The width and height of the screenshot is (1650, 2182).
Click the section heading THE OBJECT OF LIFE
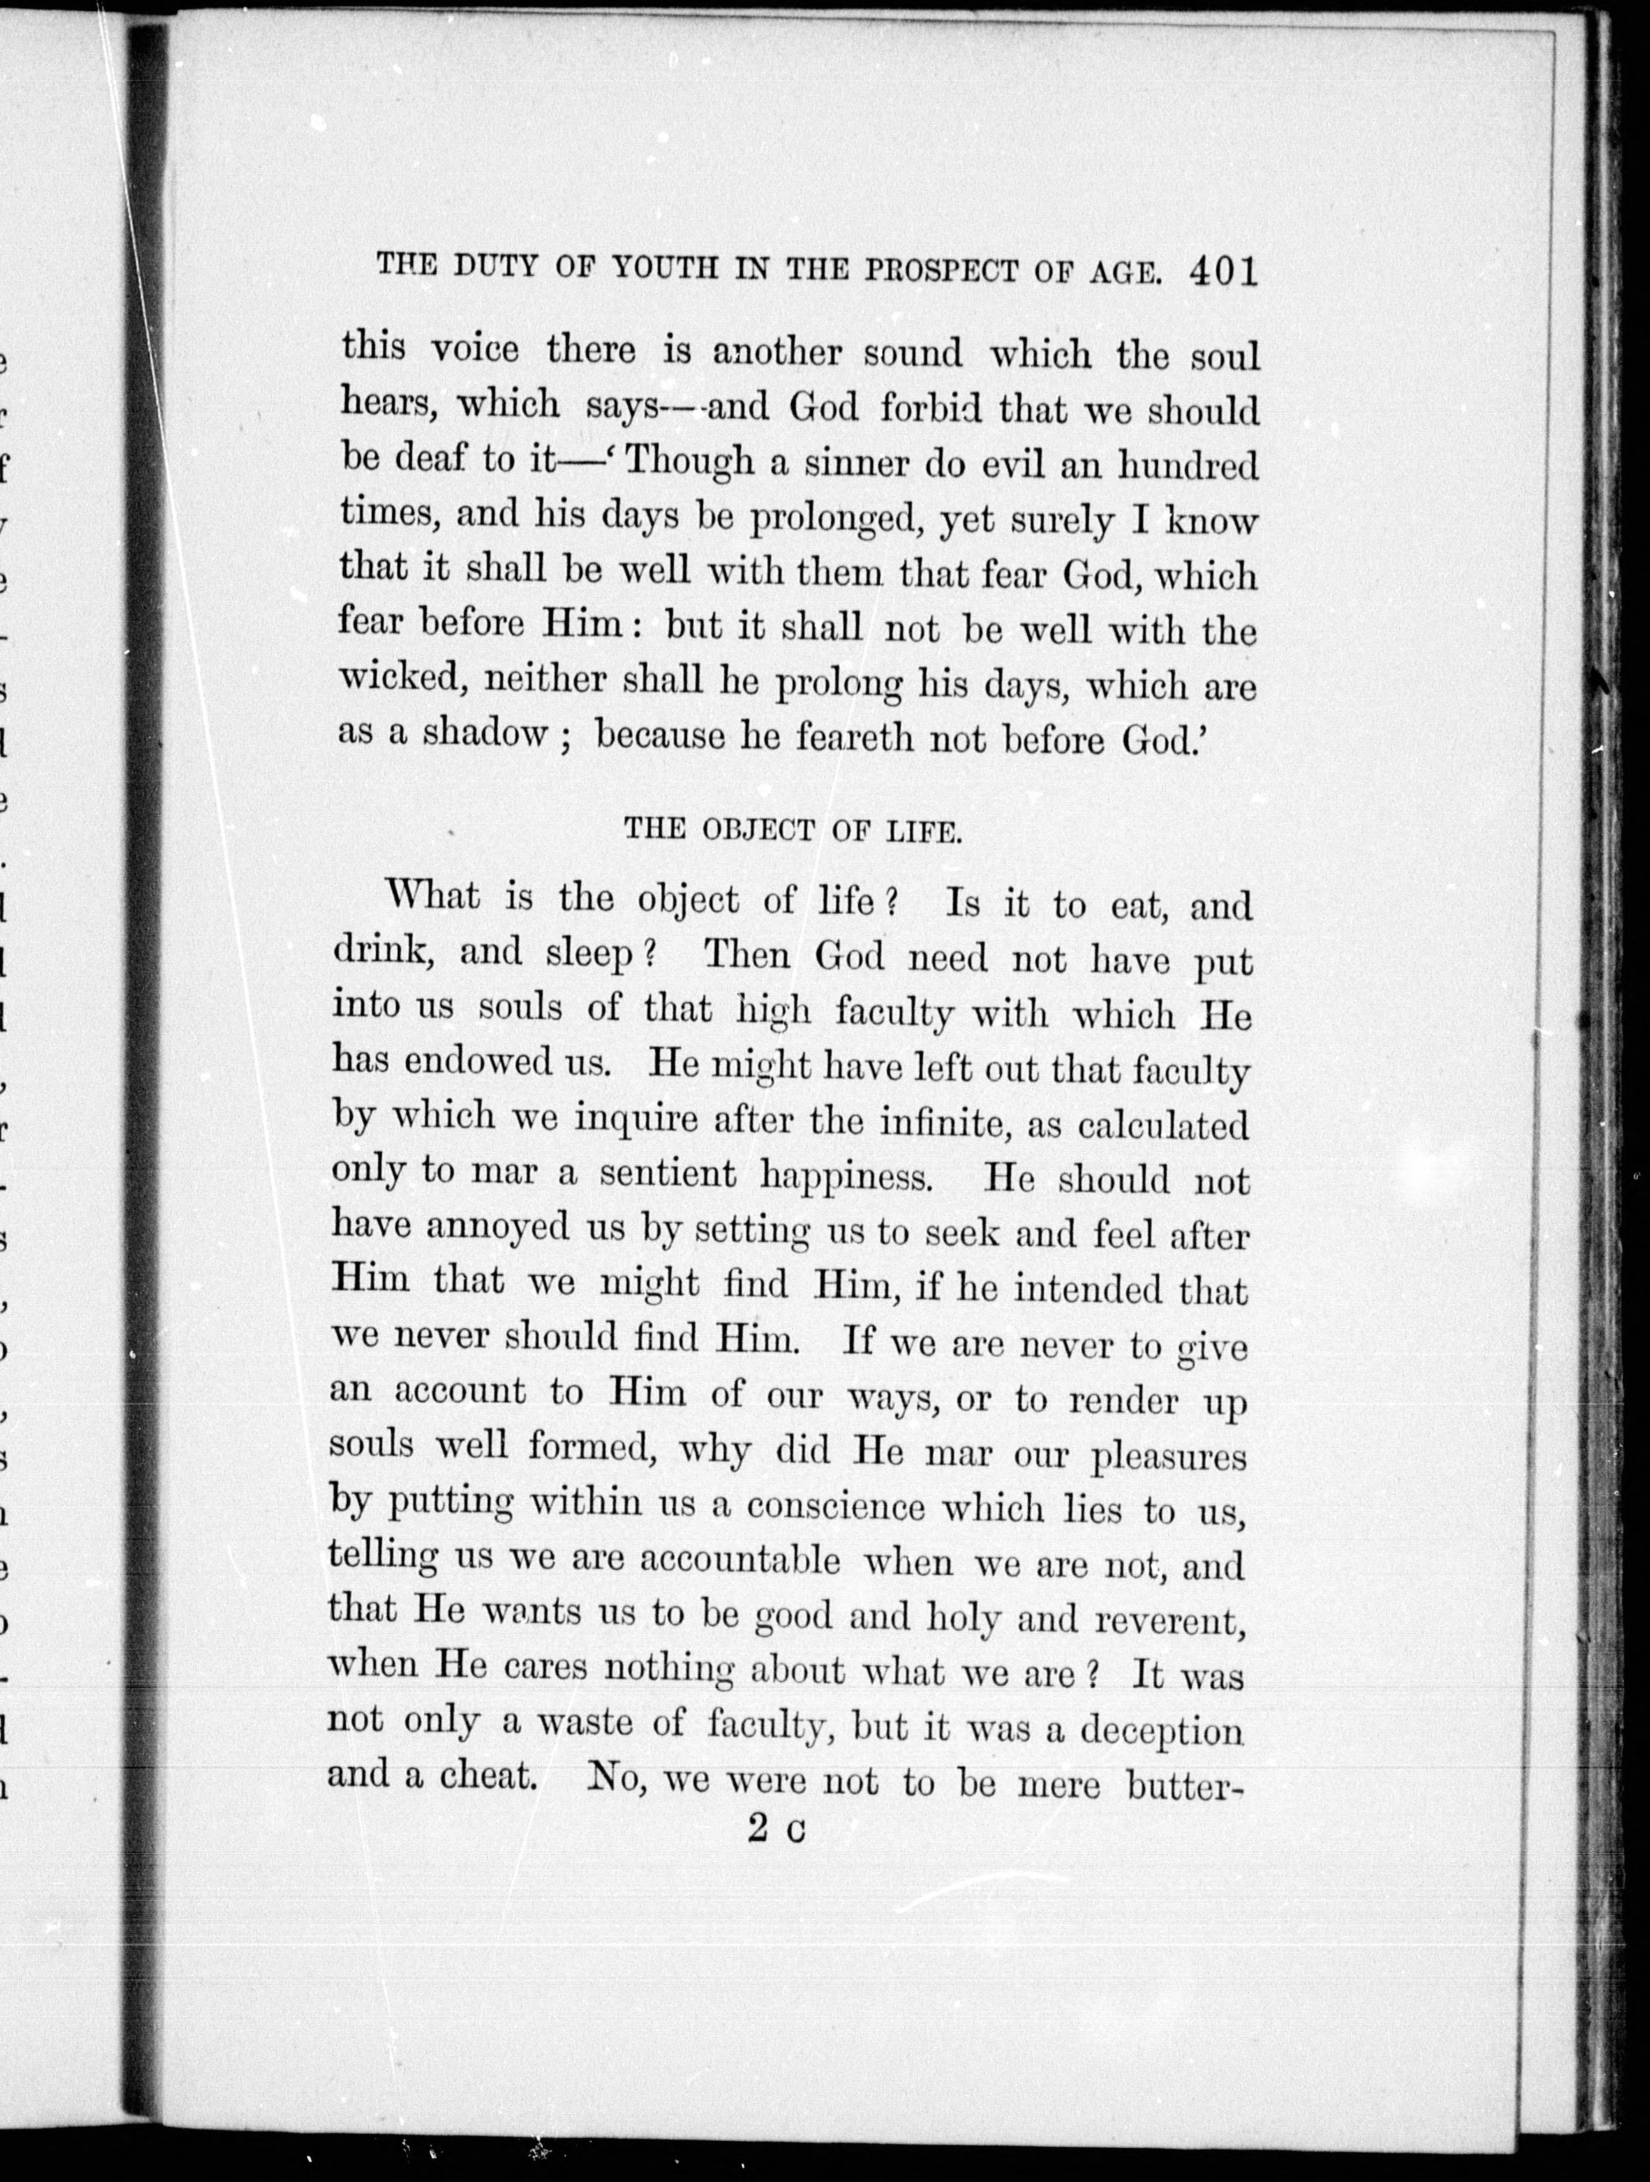pos(792,831)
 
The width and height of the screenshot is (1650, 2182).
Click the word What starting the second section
pos(433,896)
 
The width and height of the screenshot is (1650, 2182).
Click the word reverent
pos(1161,1620)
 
